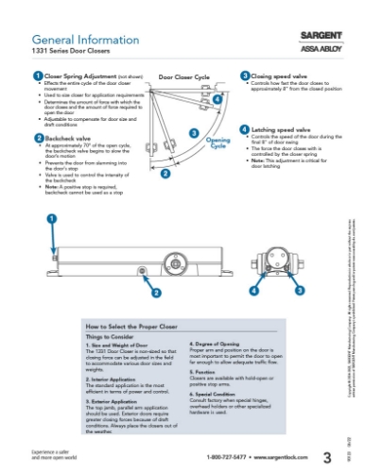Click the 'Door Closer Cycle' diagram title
(189, 76)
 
